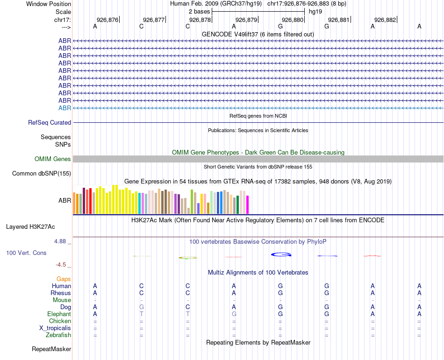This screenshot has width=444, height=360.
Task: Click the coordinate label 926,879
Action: (246, 20)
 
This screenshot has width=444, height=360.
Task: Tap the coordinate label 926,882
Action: (385, 20)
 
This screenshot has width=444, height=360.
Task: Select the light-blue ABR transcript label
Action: (64, 108)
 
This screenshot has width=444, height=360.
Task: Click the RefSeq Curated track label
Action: (50, 122)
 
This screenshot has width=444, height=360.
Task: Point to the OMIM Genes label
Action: (53, 159)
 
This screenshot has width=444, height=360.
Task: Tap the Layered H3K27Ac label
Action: (30, 227)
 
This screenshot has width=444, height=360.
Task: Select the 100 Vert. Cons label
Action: (26, 253)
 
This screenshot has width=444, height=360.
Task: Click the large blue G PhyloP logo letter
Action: (281, 254)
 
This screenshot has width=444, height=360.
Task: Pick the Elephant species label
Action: (59, 314)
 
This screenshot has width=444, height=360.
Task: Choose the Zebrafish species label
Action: (58, 335)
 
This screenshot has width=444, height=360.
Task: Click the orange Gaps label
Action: (64, 279)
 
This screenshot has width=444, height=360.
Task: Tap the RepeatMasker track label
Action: (51, 349)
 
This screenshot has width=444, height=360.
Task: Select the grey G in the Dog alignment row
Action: (142, 307)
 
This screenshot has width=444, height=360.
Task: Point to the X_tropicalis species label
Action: (55, 328)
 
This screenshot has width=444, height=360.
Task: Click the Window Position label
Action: (49, 4)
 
